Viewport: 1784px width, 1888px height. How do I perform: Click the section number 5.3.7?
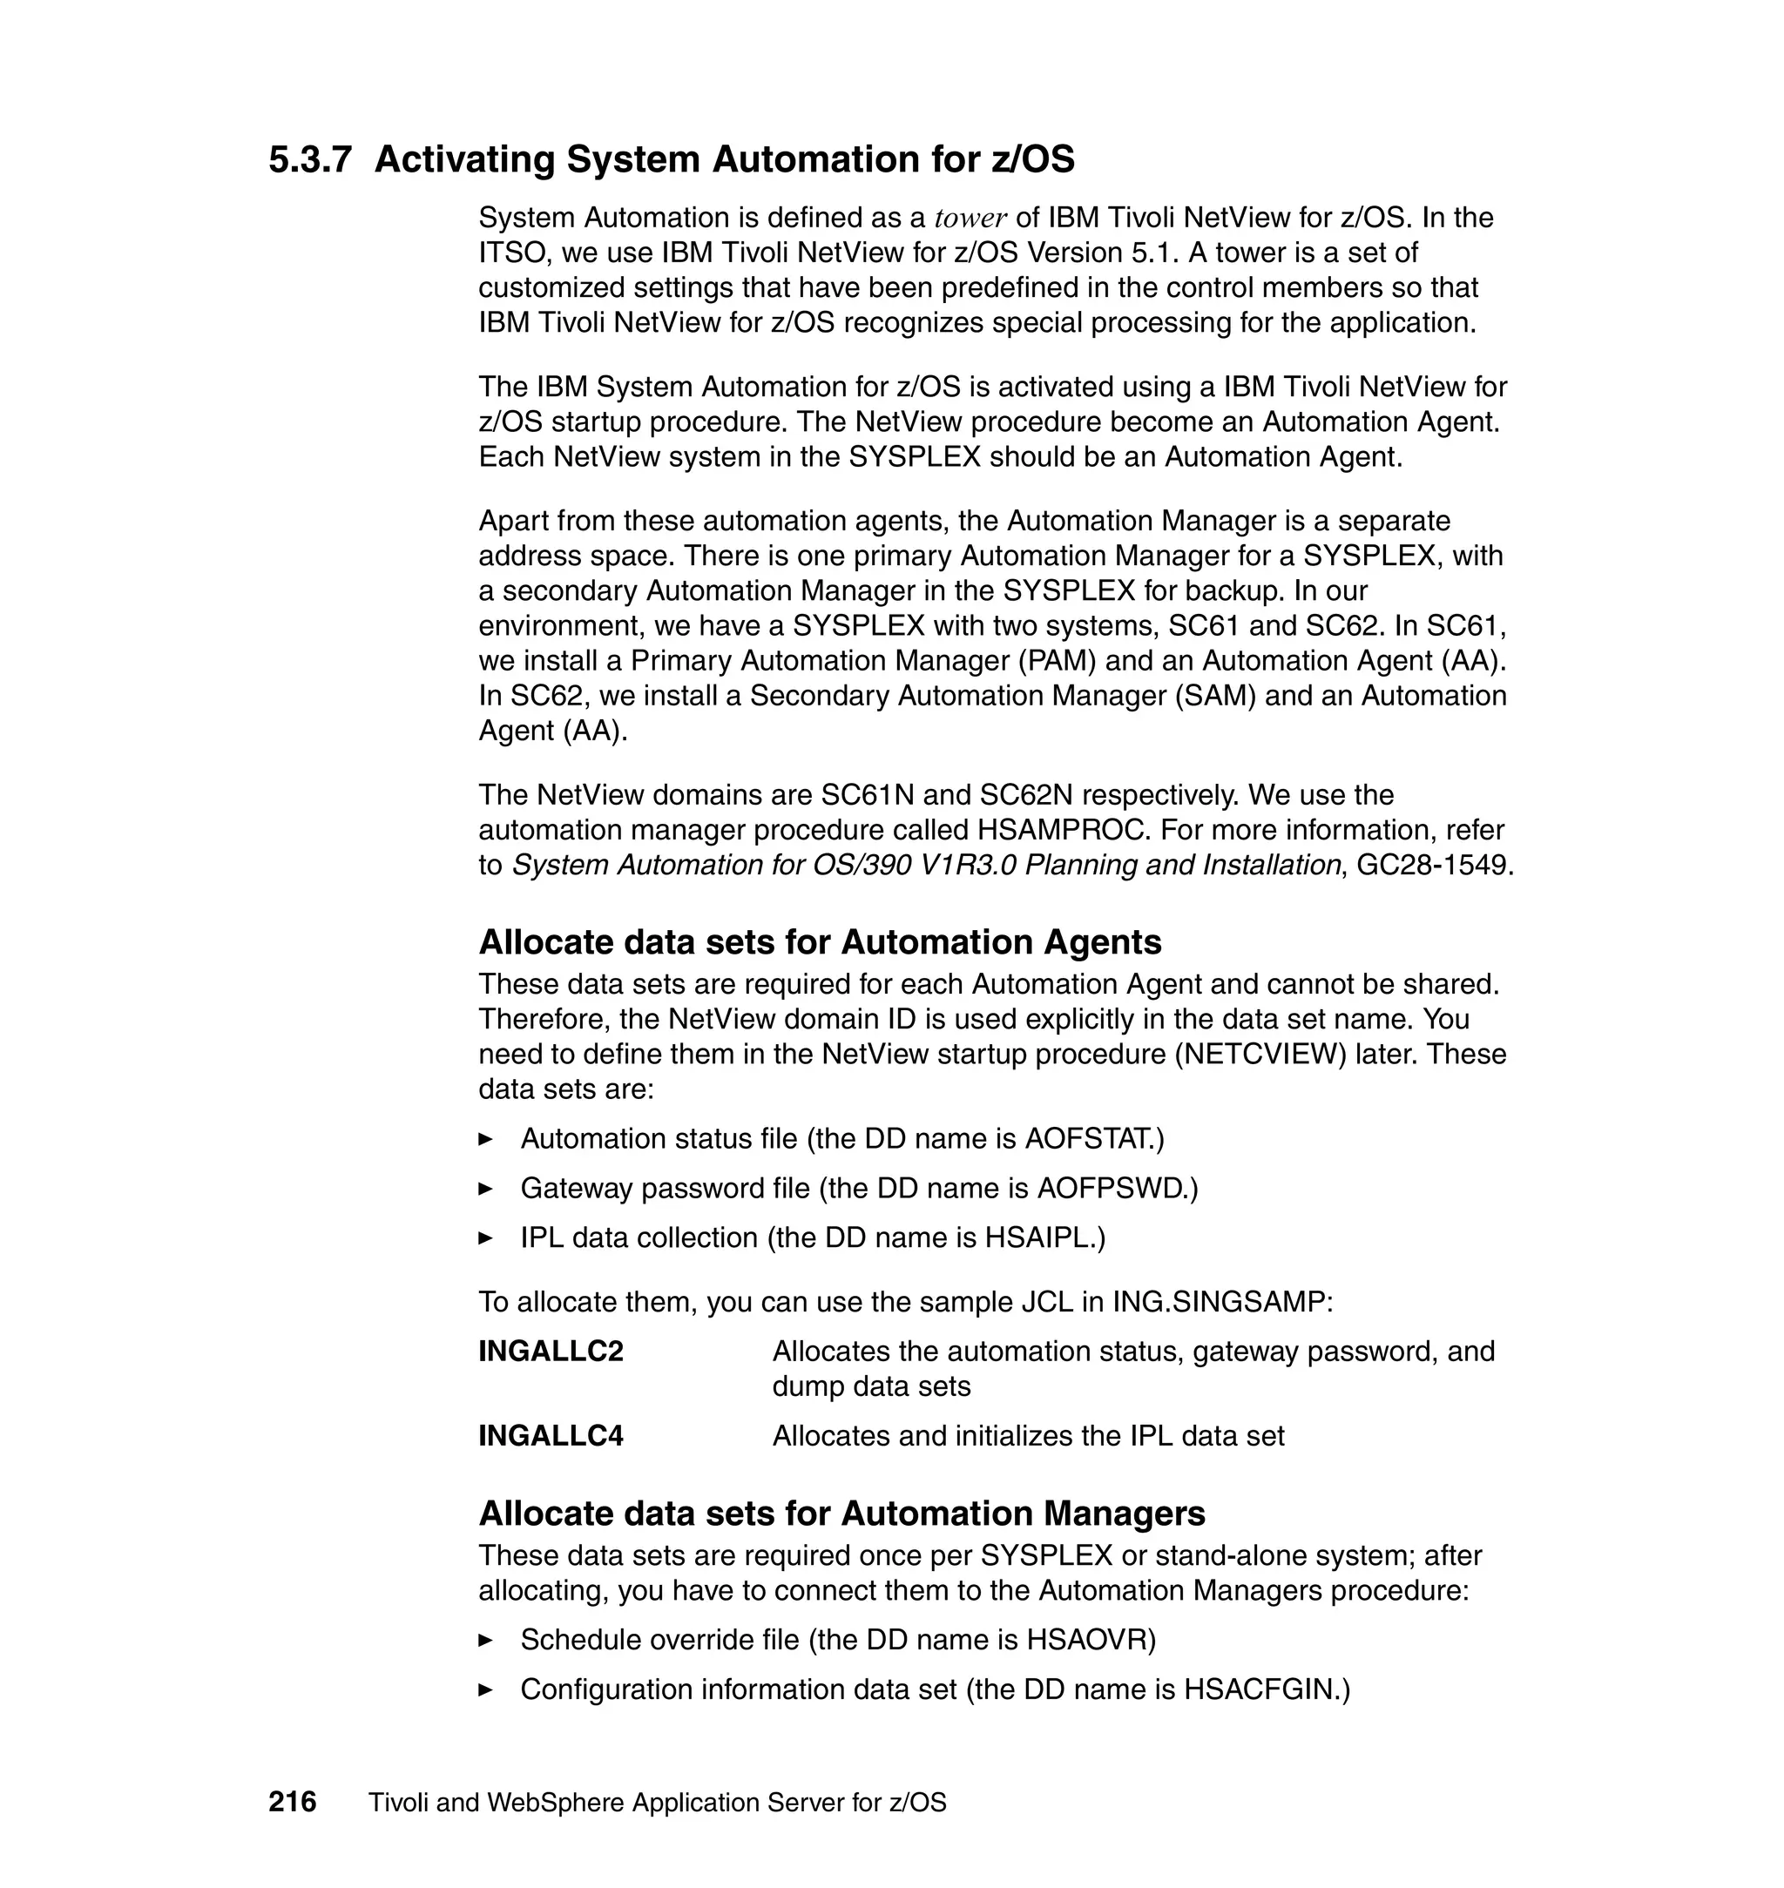click(x=310, y=159)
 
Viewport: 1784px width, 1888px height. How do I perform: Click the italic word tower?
click(x=970, y=219)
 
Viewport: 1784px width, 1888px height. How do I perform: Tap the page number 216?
click(x=292, y=1802)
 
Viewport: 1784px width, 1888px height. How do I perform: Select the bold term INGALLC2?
click(x=551, y=1351)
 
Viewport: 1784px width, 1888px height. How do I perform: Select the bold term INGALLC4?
click(x=551, y=1434)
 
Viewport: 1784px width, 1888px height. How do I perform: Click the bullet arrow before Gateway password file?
click(x=486, y=1189)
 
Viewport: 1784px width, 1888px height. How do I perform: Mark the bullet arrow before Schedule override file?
click(x=486, y=1640)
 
